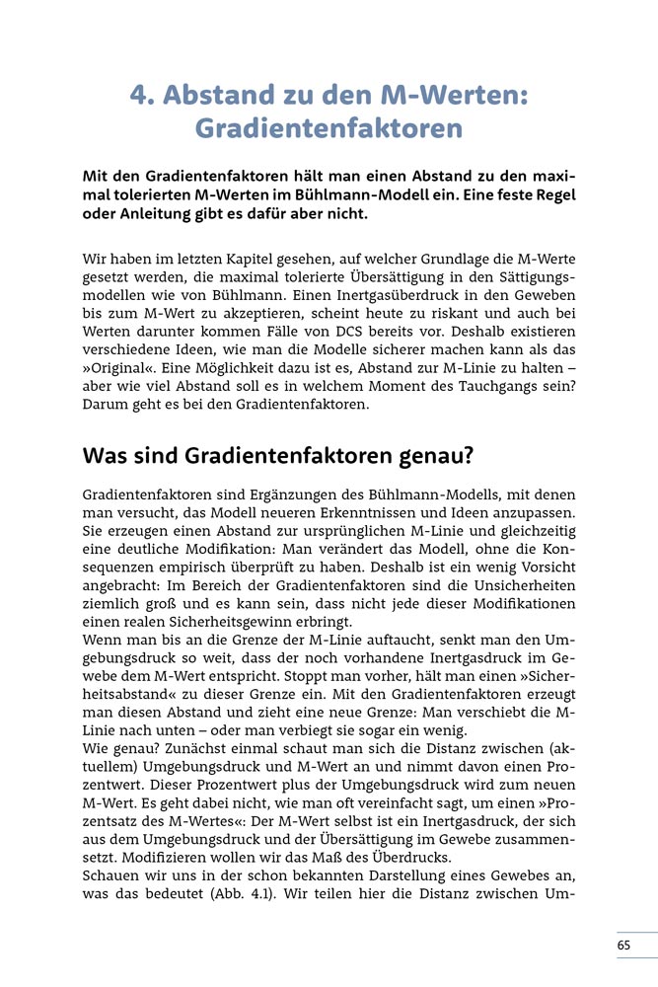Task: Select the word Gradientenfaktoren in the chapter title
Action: (x=329, y=129)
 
